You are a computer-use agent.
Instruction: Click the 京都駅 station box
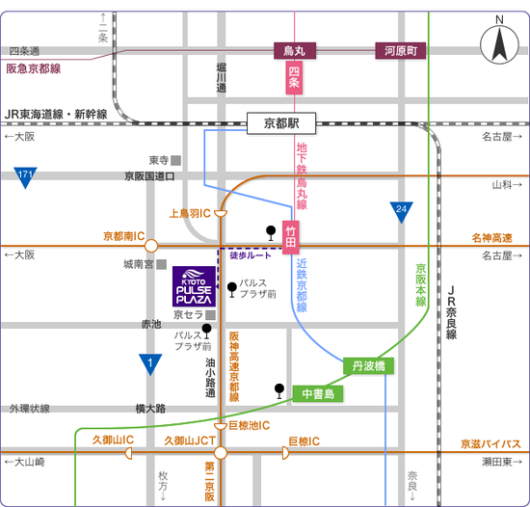click(281, 123)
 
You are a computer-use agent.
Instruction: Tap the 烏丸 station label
click(295, 51)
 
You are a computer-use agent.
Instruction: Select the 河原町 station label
click(401, 51)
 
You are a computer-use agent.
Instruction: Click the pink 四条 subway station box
click(294, 77)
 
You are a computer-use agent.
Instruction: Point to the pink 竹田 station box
click(291, 237)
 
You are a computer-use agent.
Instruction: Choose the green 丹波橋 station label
click(368, 365)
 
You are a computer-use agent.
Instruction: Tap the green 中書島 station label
click(318, 394)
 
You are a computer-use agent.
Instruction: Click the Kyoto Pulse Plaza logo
click(194, 286)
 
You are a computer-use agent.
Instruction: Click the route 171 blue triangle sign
click(25, 177)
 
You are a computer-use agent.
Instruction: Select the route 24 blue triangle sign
click(401, 212)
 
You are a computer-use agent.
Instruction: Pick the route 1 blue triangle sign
click(150, 364)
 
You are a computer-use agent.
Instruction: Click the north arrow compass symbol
click(499, 44)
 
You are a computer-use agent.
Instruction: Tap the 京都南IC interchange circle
click(151, 246)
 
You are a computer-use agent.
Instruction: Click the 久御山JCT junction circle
click(221, 453)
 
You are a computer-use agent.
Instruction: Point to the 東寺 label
click(159, 160)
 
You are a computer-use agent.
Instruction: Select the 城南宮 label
click(139, 264)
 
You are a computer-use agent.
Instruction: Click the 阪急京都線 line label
click(34, 68)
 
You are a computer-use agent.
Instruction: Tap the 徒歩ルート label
click(251, 255)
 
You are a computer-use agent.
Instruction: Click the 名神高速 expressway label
click(491, 238)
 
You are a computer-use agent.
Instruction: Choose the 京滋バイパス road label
click(490, 443)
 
